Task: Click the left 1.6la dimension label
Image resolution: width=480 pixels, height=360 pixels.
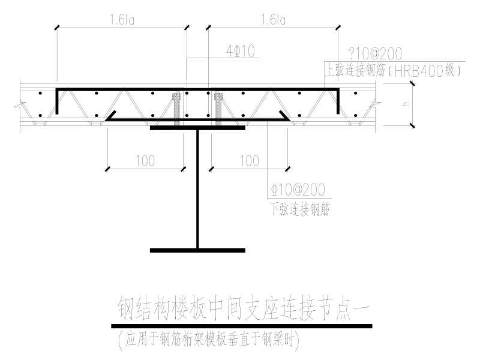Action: tap(122, 20)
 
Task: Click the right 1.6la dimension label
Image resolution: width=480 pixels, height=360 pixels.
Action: tap(272, 20)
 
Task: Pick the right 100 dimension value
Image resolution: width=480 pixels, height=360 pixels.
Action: tap(249, 161)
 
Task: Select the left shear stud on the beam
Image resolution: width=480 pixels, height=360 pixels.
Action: tap(176, 108)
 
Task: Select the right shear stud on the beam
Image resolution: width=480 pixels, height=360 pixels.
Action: tap(217, 108)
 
